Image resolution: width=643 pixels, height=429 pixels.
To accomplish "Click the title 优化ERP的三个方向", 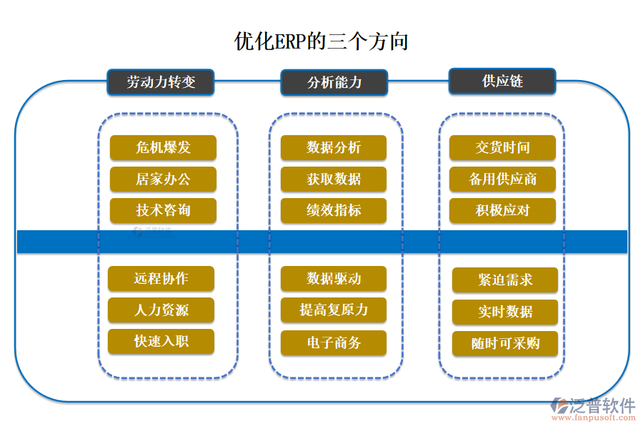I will [321, 41].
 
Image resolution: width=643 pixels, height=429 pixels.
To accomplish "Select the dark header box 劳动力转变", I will [161, 82].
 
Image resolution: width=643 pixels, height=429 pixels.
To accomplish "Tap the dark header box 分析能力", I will [334, 82].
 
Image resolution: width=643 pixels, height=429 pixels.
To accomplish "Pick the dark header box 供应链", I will [502, 81].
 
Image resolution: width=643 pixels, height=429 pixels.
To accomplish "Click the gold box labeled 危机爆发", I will [163, 148].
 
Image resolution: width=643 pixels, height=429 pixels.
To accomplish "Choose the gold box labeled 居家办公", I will [163, 179].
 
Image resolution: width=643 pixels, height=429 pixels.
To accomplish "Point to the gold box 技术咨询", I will [163, 210].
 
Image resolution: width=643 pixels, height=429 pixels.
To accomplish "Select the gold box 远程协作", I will [161, 278].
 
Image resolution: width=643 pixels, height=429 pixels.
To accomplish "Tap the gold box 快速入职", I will [161, 341].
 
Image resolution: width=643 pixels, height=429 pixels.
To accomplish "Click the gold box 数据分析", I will [334, 148].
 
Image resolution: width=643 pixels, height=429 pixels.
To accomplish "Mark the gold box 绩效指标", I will [334, 210].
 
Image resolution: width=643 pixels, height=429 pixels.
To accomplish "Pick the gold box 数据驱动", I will [334, 278].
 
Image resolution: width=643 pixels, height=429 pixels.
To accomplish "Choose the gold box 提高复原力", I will [334, 310].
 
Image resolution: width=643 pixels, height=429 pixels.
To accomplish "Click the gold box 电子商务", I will [334, 343].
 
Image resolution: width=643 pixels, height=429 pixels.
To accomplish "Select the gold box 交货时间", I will [502, 148].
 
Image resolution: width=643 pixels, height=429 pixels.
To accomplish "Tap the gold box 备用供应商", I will [502, 179].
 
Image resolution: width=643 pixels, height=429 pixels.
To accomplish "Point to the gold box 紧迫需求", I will [505, 280].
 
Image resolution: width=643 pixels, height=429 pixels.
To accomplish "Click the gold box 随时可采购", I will [505, 344].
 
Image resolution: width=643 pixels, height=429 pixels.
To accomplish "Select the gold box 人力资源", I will [161, 310].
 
